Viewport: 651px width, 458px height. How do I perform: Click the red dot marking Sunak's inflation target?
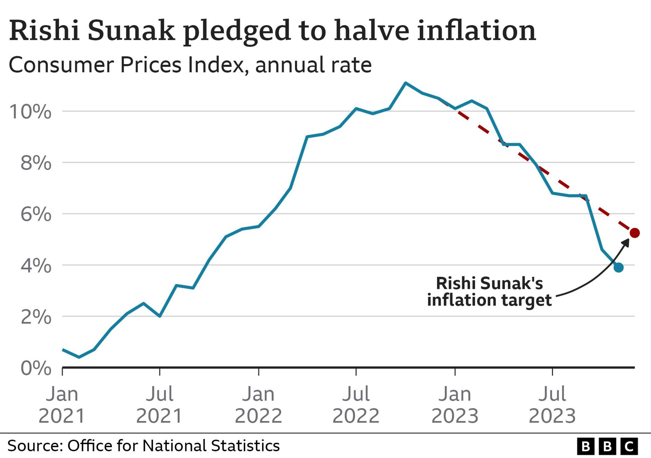coord(634,233)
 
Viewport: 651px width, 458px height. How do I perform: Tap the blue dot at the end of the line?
coord(618,267)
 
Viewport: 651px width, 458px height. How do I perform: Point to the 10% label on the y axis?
coord(30,112)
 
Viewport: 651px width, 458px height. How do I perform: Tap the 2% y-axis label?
coord(36,317)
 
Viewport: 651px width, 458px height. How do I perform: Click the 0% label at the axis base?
coord(36,368)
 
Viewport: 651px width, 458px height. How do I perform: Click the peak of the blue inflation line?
coord(405,83)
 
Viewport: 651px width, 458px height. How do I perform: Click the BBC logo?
coord(607,447)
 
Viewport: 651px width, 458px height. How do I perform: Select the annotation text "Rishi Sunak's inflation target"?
coord(490,292)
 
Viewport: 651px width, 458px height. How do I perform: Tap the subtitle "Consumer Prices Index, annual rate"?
coord(190,65)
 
